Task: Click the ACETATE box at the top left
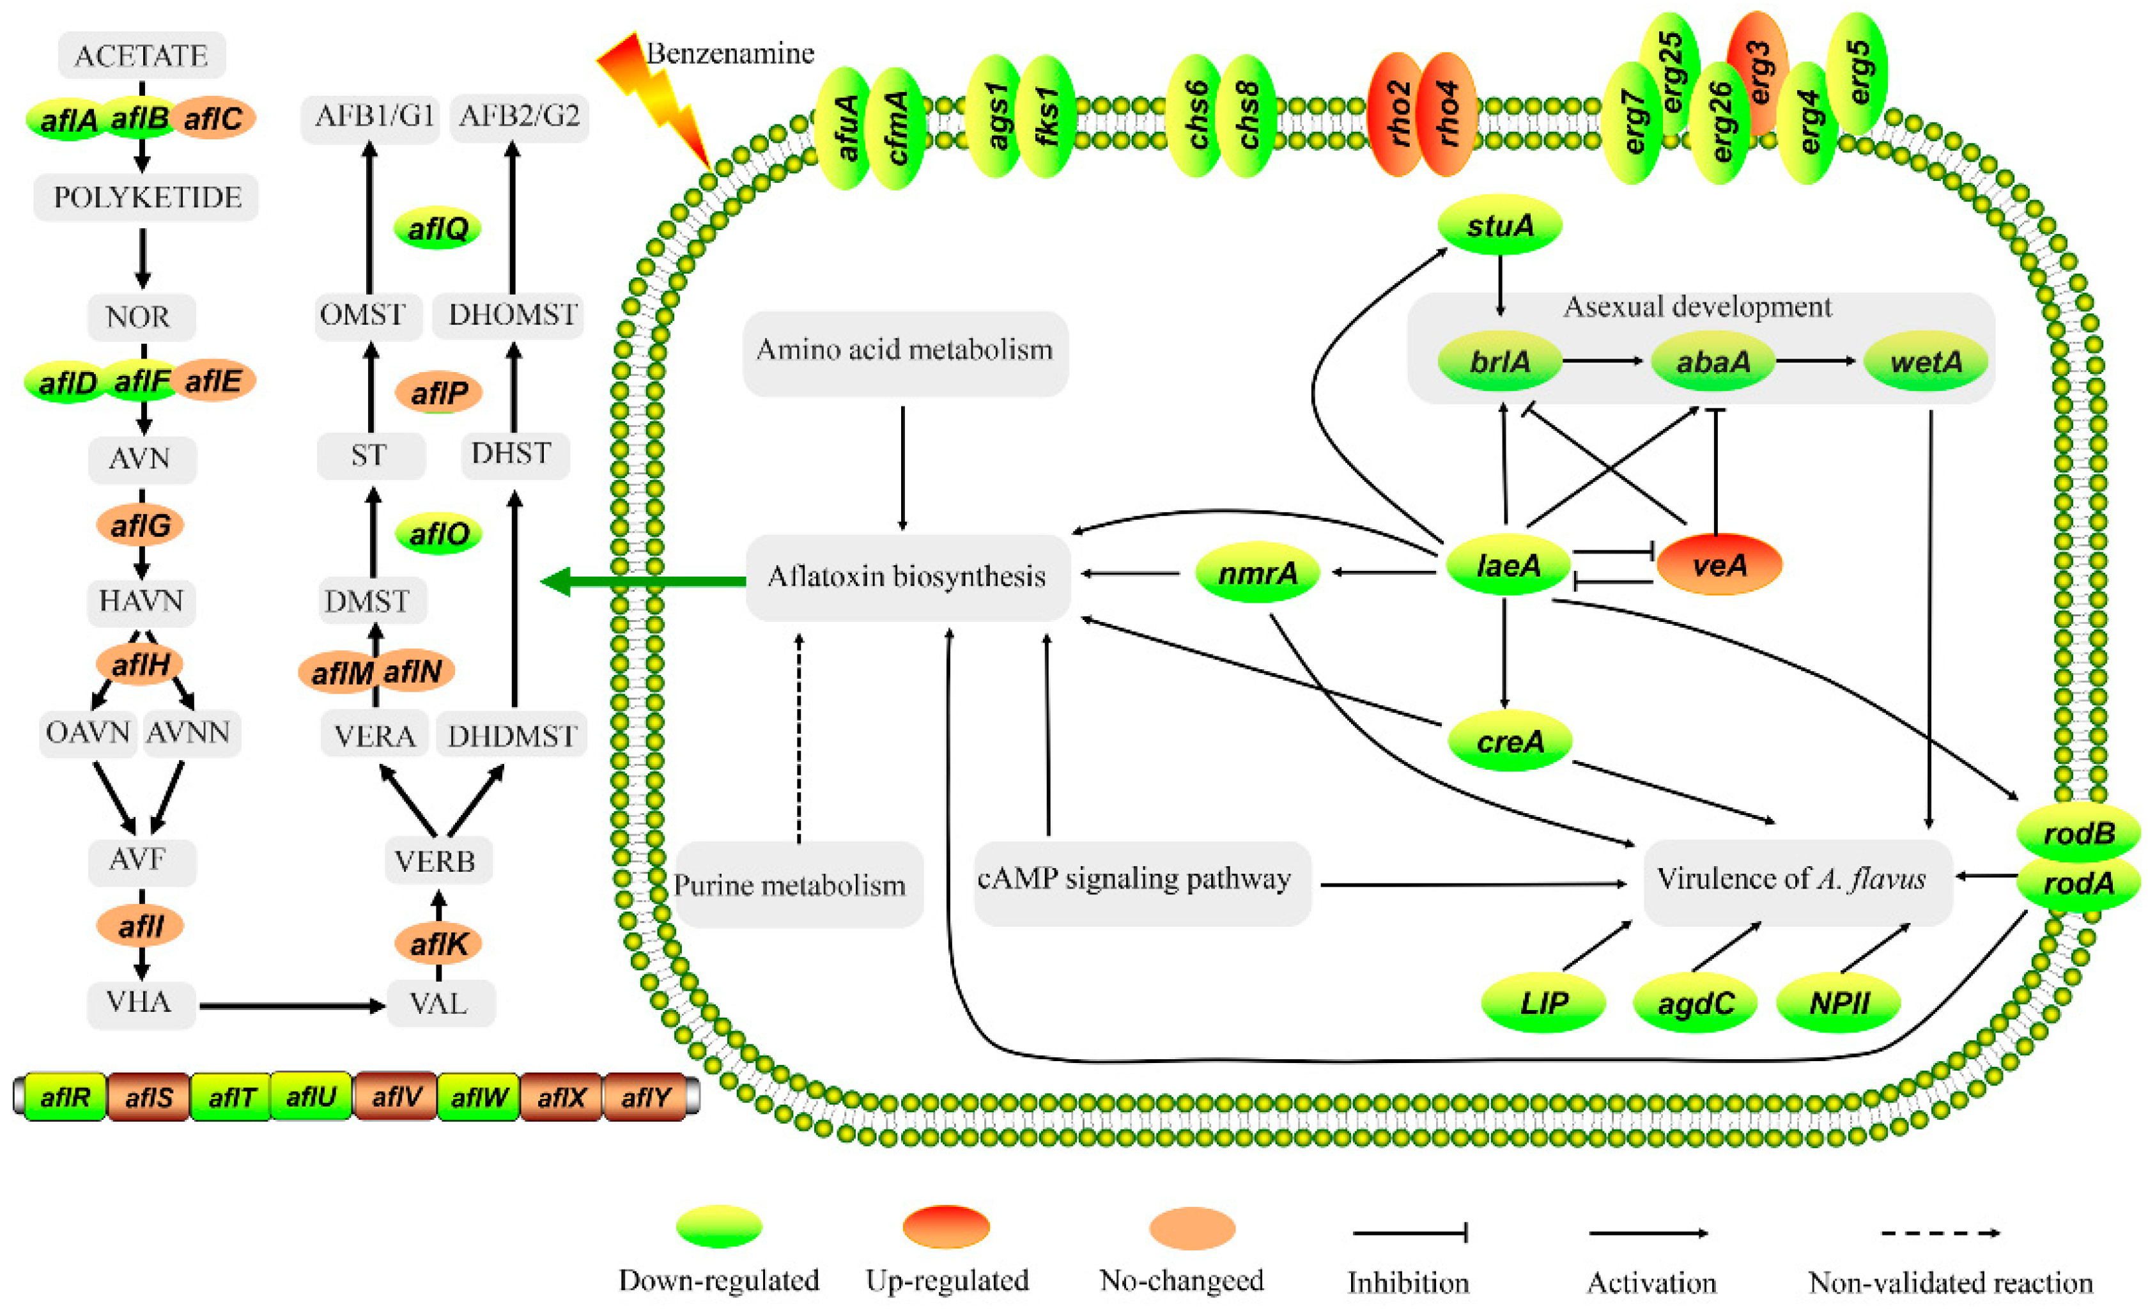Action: (141, 55)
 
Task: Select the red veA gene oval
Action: (1719, 565)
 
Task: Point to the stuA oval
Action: (1499, 226)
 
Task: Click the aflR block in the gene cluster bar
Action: (65, 1097)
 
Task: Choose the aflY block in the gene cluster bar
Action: (645, 1097)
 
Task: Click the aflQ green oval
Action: (438, 228)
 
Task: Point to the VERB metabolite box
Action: (436, 860)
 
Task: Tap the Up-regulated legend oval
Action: (946, 1227)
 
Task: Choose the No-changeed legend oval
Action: (1192, 1227)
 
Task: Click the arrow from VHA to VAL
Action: (292, 1006)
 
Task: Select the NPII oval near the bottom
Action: (1837, 1002)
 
